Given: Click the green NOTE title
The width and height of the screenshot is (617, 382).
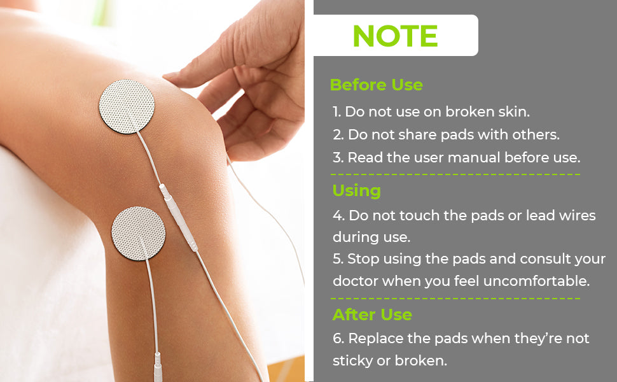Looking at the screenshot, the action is tap(395, 36).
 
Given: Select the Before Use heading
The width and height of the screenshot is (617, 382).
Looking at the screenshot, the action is tap(376, 85).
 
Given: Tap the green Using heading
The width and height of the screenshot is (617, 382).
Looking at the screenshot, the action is tap(356, 191).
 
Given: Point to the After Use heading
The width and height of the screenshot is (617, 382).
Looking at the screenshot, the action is tap(372, 315).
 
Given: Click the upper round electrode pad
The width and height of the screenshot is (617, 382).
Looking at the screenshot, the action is tap(127, 106).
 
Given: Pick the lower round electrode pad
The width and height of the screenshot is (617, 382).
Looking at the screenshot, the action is tap(139, 234).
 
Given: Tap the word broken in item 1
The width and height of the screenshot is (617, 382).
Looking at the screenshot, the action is tap(470, 111).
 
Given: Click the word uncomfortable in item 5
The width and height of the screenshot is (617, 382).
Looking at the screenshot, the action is tap(536, 281).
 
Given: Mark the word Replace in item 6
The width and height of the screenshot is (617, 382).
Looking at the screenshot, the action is tap(376, 339).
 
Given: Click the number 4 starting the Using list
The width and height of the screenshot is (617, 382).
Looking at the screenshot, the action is tap(338, 216).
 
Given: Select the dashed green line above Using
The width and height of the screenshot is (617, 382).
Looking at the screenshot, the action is tap(455, 174).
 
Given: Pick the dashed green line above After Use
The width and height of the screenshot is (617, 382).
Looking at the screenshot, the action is tap(455, 298).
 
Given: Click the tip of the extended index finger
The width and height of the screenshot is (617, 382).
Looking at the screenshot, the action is tap(165, 75).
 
